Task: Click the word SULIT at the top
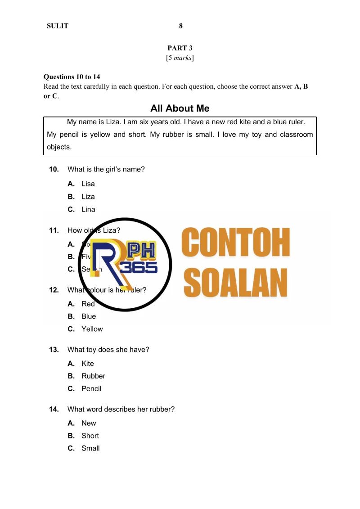click(x=58, y=26)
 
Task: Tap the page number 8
click(x=181, y=26)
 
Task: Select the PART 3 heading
click(x=180, y=48)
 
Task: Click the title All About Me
click(x=180, y=108)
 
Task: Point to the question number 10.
click(x=54, y=169)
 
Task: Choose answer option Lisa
click(x=88, y=184)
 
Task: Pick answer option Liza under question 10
click(x=88, y=197)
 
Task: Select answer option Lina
click(x=88, y=209)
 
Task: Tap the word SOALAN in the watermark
click(x=236, y=283)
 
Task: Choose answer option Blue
click(x=89, y=316)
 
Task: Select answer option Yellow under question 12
click(x=92, y=329)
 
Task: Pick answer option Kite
click(x=88, y=364)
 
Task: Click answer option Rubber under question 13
click(x=93, y=376)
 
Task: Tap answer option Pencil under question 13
click(x=91, y=389)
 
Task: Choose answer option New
click(x=89, y=423)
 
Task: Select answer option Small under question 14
click(x=90, y=448)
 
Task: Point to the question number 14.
click(x=54, y=409)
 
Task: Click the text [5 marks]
click(x=180, y=58)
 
